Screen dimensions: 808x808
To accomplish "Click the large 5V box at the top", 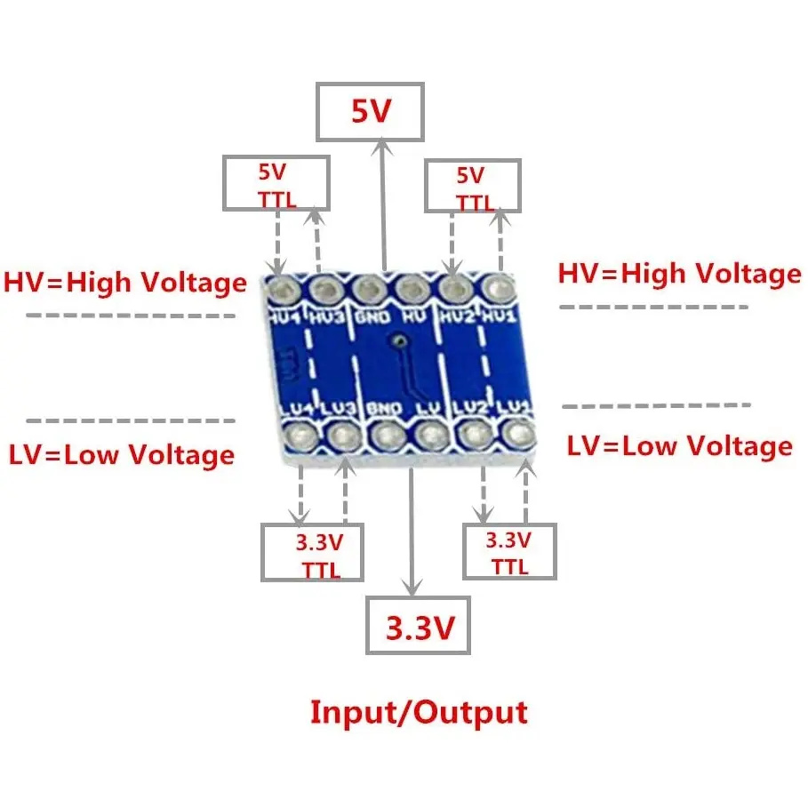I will (370, 112).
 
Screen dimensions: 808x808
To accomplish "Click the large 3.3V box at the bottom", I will (418, 628).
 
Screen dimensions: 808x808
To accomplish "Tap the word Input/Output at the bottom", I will (418, 712).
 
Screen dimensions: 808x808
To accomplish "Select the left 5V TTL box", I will (276, 183).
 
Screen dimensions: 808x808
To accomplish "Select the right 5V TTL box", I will (471, 185).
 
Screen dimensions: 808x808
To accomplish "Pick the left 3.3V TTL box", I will (313, 552).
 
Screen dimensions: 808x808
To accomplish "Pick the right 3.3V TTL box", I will (509, 551).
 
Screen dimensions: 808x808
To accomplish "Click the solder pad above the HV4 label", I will (283, 287).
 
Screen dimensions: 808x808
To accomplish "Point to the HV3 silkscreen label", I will (326, 315).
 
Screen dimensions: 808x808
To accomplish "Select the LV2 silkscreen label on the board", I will (471, 407).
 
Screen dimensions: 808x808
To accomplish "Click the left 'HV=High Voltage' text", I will (125, 283).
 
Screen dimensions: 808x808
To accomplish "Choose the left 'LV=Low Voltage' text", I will (122, 454).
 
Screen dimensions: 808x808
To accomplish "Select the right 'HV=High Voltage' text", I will (679, 274).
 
